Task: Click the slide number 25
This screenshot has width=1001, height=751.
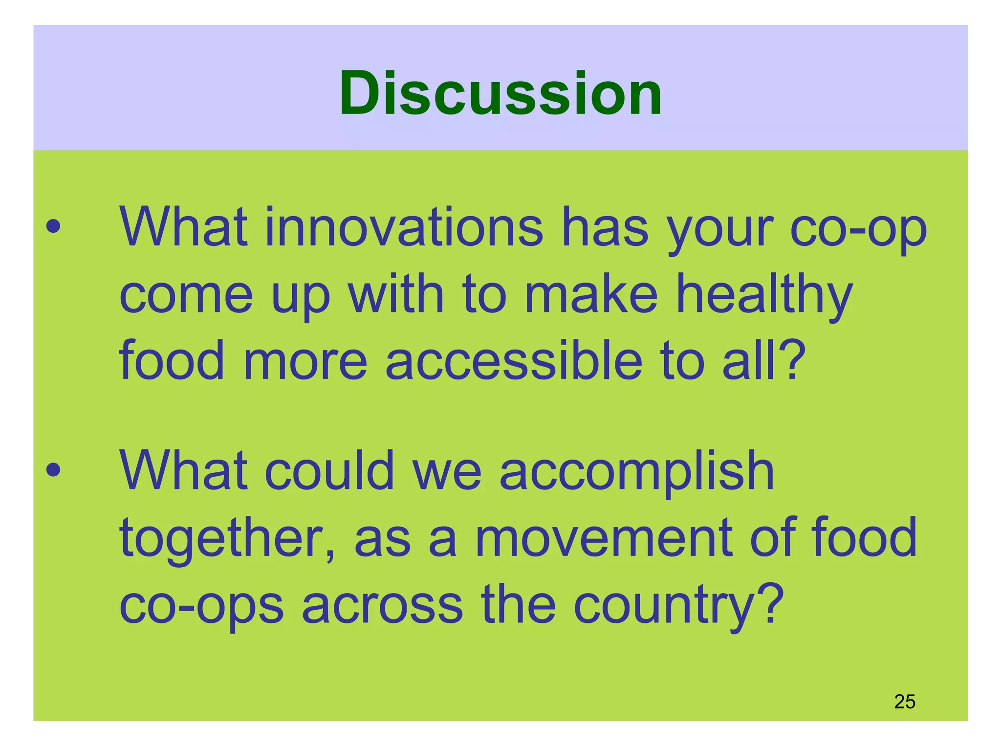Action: coord(904,702)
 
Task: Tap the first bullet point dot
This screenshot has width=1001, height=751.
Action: coord(53,226)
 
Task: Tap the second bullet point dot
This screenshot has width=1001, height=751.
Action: coord(53,470)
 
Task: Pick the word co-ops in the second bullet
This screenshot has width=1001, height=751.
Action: coord(201,606)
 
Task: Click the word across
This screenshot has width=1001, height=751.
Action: coord(382,606)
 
